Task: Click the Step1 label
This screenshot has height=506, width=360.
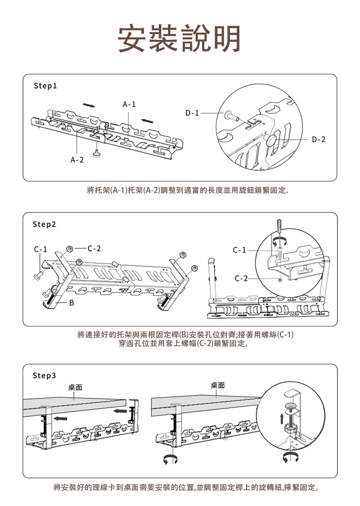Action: (45, 87)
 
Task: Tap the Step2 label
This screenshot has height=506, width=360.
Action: (45, 224)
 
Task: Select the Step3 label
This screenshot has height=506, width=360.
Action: (45, 374)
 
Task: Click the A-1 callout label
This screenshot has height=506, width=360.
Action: (129, 104)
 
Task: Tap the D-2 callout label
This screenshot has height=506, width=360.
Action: (318, 139)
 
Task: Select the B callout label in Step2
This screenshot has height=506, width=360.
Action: (72, 303)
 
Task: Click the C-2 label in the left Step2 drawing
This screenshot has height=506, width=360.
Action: (94, 248)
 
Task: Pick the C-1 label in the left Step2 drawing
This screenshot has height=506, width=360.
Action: (40, 250)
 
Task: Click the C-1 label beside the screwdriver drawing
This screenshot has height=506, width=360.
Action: (239, 250)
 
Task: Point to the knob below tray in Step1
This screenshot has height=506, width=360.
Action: (98, 154)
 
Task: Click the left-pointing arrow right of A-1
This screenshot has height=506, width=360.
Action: (148, 119)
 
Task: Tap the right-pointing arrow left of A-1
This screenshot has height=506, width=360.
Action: (88, 105)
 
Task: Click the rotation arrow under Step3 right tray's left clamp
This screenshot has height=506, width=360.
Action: (168, 458)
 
